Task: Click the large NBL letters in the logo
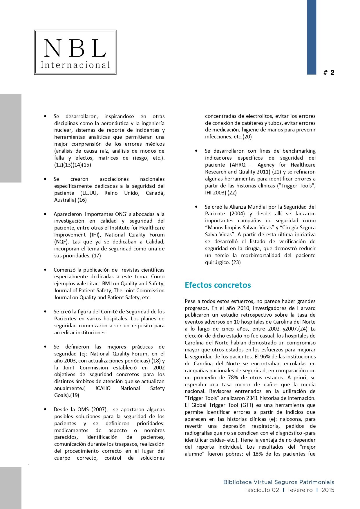[75, 48]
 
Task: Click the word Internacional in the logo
[75, 65]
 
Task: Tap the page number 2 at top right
[332, 73]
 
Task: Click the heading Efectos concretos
[218, 285]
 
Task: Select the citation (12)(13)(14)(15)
[73, 165]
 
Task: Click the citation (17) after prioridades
[96, 256]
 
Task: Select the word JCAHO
[103, 388]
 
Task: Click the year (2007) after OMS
[100, 409]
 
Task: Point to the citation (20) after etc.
[247, 137]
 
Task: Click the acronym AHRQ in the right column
[238, 165]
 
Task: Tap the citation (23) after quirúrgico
[236, 262]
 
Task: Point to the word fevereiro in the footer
[300, 490]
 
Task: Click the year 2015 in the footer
[328, 490]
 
